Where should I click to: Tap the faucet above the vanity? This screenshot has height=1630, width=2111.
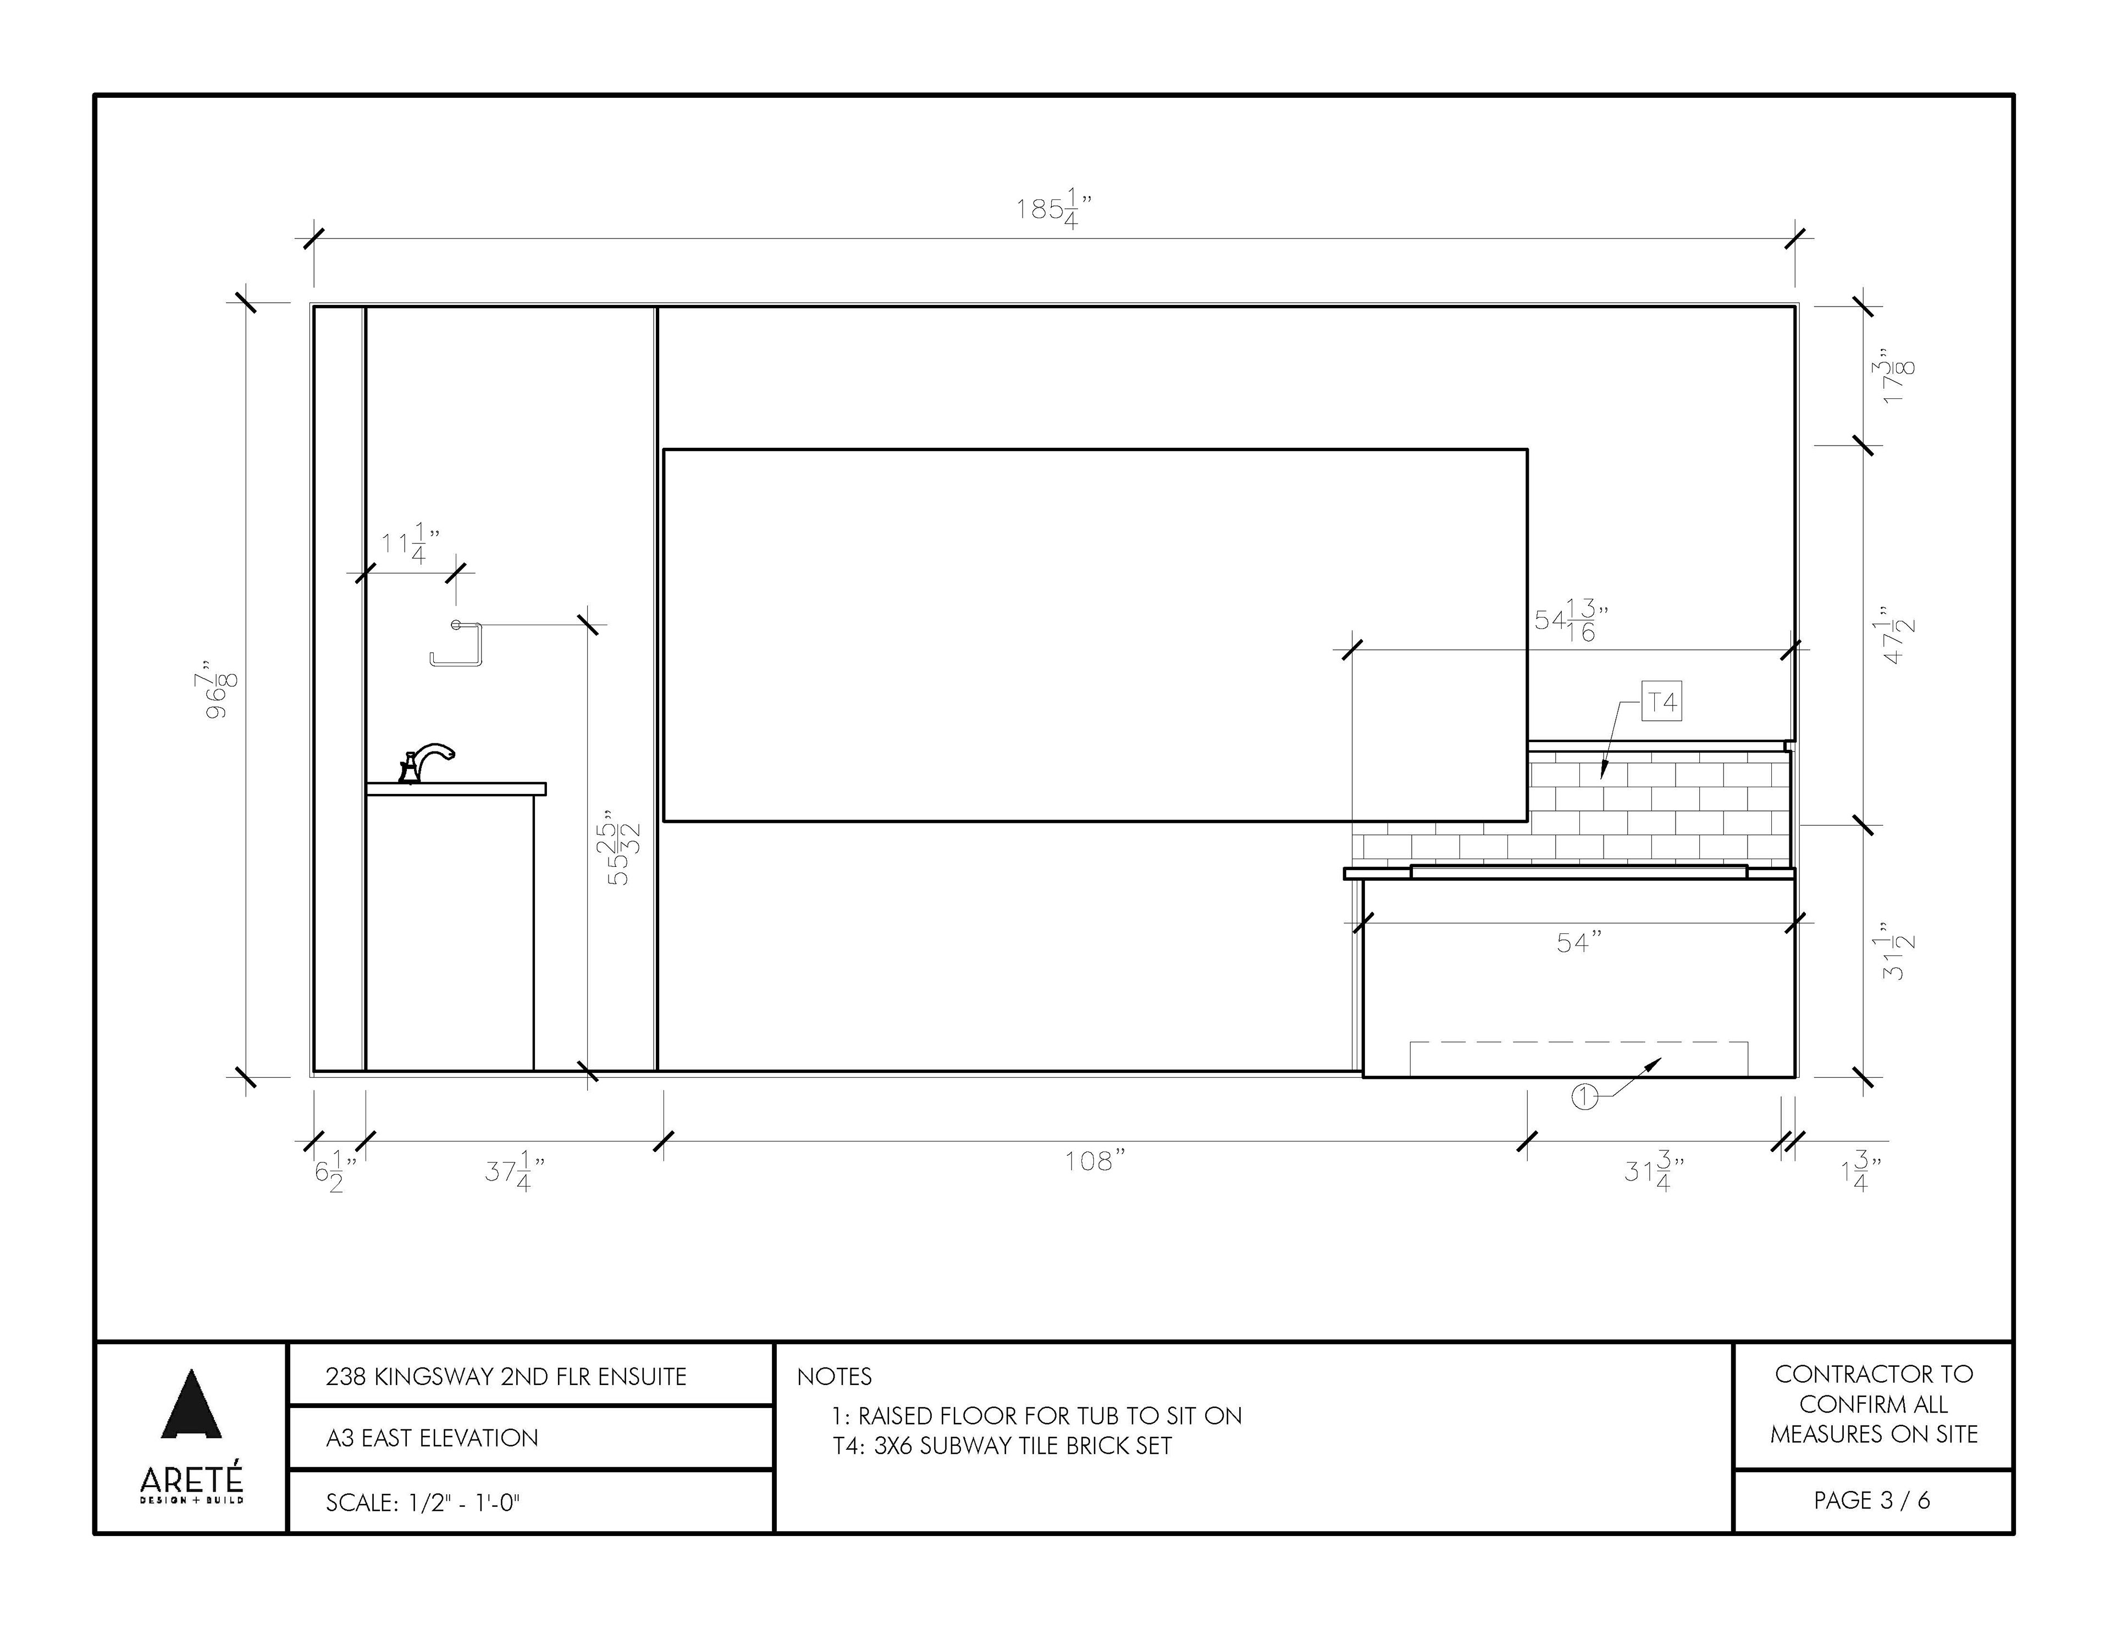pos(426,763)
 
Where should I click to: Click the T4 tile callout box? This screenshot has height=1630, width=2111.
pos(1661,703)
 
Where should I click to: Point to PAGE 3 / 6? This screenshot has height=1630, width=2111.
pos(1872,1500)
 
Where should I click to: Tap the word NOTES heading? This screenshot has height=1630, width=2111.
pos(834,1377)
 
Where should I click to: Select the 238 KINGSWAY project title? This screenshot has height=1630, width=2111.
pos(506,1377)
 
